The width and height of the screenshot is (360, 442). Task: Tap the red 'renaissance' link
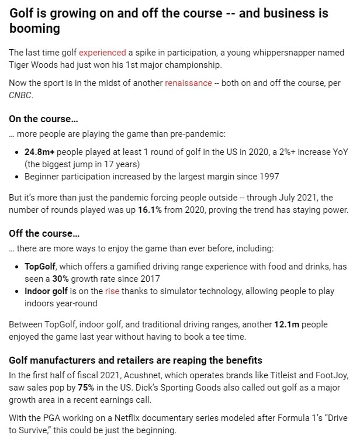click(188, 83)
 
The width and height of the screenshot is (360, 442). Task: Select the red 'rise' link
click(112, 291)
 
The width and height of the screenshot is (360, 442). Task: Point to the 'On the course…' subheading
click(43, 119)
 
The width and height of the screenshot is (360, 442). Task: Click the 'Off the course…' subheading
click(44, 233)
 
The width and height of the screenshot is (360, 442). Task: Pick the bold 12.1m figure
click(288, 324)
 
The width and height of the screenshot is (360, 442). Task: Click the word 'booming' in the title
click(34, 28)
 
